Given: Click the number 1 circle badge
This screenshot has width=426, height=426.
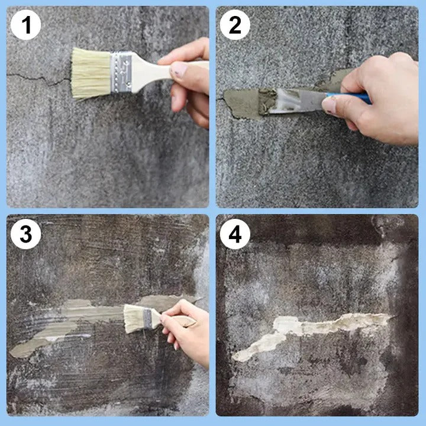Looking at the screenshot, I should pos(25,25).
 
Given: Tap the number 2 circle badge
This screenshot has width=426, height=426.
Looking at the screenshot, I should pos(235,25).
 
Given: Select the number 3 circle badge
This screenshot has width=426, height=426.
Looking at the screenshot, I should pos(25,234).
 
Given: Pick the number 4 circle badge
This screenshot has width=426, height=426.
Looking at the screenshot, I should pos(235,234).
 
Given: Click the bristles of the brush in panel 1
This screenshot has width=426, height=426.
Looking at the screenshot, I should pos(90,73).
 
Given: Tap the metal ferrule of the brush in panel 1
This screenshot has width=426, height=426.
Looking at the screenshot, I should pos(121,72).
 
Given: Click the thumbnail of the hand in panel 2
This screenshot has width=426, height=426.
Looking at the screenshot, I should pos(330,105).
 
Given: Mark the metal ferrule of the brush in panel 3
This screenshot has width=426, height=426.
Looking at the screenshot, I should pos(147,319).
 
